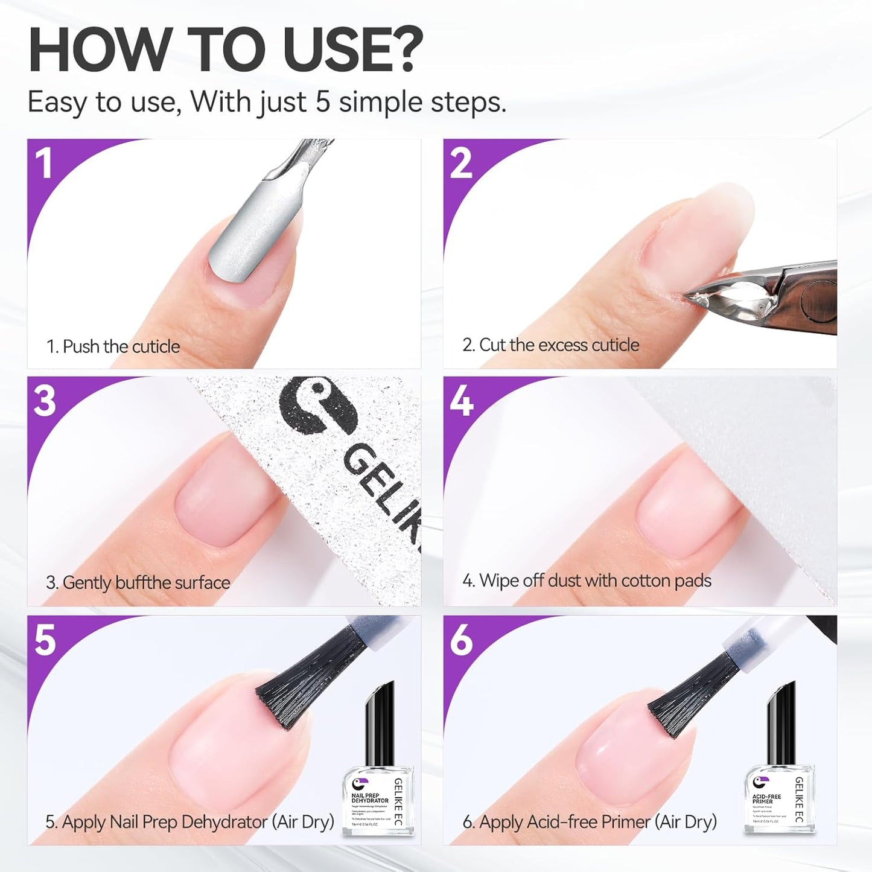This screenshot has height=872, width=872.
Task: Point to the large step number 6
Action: [462, 640]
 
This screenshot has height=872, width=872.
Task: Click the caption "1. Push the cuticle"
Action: [113, 346]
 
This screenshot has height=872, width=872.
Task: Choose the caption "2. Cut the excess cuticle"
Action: [550, 345]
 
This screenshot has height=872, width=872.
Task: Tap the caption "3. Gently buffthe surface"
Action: [138, 582]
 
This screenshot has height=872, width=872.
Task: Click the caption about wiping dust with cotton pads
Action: [587, 581]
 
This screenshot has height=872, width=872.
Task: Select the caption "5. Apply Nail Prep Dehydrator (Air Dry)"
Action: [189, 822]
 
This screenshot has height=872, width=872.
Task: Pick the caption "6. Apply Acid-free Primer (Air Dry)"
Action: [590, 822]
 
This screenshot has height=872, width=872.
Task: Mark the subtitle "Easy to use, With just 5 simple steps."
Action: [267, 102]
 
